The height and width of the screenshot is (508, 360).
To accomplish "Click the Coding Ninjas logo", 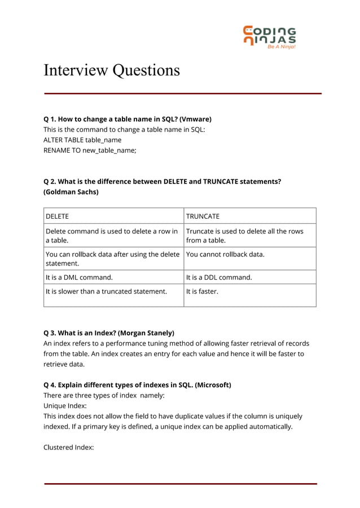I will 269,37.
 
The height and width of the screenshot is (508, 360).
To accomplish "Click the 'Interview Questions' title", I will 112,70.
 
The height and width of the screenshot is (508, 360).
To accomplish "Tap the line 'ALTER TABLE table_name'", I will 82,140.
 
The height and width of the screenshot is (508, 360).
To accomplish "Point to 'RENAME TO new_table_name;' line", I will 90,150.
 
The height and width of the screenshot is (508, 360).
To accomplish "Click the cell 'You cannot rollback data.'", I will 225,254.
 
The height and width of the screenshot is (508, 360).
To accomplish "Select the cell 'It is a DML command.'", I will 79,277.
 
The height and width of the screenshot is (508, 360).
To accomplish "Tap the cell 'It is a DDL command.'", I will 219,277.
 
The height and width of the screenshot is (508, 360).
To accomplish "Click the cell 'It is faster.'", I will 202,291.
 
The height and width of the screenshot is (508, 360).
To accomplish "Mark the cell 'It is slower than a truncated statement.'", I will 106,291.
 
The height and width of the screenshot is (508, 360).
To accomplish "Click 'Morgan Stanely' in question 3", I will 146,333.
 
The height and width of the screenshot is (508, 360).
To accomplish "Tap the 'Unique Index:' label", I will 65,405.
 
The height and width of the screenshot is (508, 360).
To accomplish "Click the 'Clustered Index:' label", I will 68,447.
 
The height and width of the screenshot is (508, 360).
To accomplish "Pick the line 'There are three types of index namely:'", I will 104,395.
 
